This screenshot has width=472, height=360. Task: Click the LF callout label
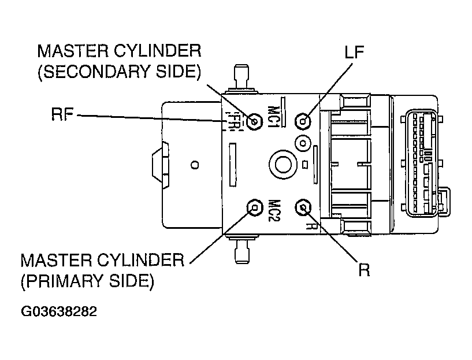[354, 52]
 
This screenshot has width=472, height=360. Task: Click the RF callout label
[62, 114]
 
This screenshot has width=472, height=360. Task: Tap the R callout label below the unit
[364, 269]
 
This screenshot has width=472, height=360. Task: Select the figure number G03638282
[59, 311]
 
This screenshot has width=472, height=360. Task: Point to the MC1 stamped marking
[273, 117]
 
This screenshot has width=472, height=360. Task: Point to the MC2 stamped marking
[274, 210]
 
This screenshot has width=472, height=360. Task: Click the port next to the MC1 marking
[254, 122]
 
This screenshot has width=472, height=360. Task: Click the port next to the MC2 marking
[255, 207]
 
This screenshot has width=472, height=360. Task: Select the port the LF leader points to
[303, 121]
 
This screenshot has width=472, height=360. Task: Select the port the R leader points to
[303, 207]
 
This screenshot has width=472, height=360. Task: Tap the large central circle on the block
[283, 165]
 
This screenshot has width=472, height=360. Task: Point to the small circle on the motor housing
[195, 165]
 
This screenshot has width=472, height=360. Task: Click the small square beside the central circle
[304, 165]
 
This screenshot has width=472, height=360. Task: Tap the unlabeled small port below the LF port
[303, 143]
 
